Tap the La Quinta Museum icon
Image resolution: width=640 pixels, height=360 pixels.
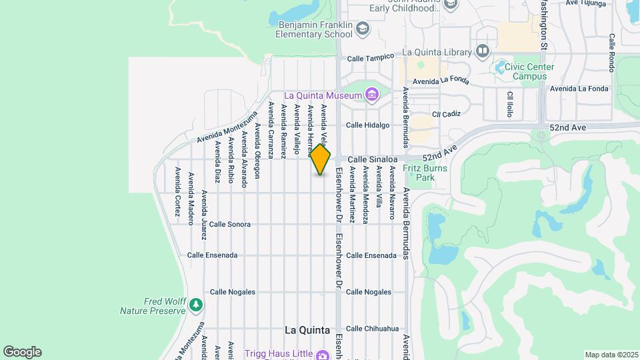371,95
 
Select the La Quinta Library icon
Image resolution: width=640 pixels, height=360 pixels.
483,51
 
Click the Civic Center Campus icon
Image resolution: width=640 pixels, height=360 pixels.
501,67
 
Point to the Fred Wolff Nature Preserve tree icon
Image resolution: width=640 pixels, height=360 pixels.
195,305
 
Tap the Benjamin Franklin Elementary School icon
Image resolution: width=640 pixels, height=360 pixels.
362,29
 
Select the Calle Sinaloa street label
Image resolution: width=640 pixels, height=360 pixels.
373,159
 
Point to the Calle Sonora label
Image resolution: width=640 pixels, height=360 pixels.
230,225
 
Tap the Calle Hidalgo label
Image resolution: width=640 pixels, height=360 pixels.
367,125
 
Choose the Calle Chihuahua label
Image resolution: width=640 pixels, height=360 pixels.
372,328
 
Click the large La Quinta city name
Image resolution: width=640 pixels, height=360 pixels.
307,330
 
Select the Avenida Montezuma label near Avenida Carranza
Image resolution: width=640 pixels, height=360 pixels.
227,127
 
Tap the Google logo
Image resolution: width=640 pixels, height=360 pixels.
22,352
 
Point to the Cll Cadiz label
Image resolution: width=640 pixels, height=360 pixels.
447,114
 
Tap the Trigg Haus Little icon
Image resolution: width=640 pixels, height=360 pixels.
323,355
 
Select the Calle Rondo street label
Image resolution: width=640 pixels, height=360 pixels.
611,53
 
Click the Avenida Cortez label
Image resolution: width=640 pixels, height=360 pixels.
178,192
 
